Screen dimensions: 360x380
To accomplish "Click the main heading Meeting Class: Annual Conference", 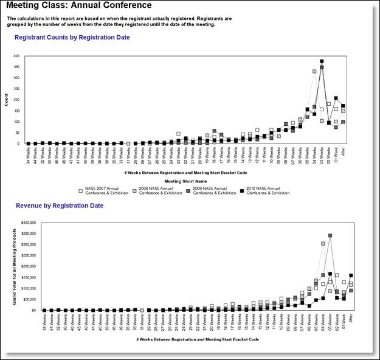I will [x=79, y=5].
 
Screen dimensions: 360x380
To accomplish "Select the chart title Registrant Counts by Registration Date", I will [x=72, y=38].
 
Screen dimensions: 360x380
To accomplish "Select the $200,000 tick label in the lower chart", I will [x=29, y=266].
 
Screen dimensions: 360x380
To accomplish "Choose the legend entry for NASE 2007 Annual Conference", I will [x=104, y=190].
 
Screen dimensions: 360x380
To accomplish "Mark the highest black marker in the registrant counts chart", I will [x=322, y=61].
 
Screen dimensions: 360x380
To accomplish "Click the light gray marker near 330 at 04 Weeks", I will [x=314, y=71].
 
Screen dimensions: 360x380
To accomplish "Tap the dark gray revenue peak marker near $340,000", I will [x=330, y=235].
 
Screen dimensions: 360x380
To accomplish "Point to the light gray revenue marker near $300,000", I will [x=322, y=243].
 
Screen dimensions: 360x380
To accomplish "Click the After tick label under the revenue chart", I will [x=351, y=318].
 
